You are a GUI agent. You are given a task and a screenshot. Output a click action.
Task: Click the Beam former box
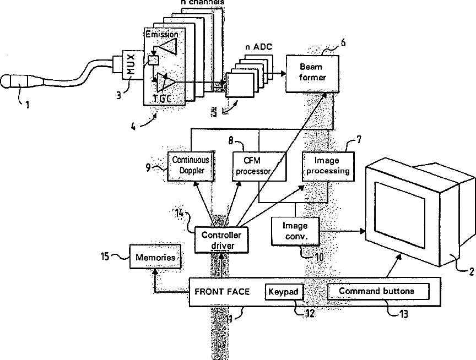tap(312, 73)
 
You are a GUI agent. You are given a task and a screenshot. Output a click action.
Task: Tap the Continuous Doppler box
tap(191, 166)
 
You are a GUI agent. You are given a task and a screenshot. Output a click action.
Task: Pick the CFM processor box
tap(259, 166)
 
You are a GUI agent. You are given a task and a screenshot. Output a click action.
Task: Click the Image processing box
tap(328, 166)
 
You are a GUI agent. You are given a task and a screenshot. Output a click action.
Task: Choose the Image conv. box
tap(295, 231)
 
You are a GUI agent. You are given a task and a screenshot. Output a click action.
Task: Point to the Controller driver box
tap(221, 240)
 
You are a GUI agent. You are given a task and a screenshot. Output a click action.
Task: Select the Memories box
tap(155, 257)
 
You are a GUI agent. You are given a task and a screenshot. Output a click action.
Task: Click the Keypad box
tap(284, 292)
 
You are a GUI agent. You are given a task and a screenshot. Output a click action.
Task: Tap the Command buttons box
tap(378, 291)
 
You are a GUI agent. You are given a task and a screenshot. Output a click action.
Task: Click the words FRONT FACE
tap(222, 292)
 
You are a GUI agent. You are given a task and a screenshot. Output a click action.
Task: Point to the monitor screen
tap(400, 215)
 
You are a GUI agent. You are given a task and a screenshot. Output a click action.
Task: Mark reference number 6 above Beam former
tap(343, 42)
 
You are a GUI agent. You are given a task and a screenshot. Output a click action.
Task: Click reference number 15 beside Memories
tap(105, 257)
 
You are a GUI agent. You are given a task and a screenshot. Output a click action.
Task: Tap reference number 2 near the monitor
tap(472, 271)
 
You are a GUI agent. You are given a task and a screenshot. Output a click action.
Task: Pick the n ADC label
tap(258, 47)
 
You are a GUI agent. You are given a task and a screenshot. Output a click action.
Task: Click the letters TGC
tap(163, 99)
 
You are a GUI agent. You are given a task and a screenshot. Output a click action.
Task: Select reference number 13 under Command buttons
tap(403, 314)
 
